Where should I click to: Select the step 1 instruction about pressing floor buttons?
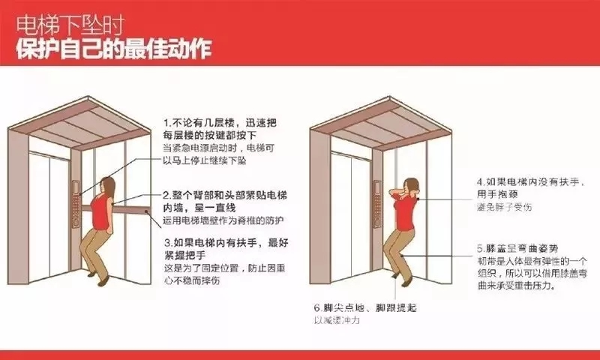point(213,128)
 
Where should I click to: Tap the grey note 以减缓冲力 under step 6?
point(338,320)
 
